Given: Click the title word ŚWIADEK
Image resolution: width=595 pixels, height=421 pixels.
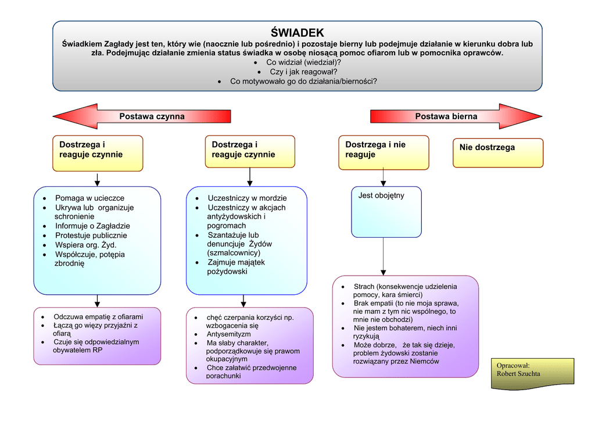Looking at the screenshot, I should (297, 33).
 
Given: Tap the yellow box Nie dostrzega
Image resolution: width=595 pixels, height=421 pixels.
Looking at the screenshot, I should (498, 152).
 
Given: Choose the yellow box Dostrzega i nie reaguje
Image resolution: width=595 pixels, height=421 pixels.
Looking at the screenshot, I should (383, 152).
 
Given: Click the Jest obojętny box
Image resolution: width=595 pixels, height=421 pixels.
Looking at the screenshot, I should (386, 211).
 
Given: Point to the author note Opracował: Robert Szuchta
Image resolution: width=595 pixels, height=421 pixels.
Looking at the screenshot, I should (532, 370).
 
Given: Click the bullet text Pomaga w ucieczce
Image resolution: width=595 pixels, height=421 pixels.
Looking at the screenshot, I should (89, 198).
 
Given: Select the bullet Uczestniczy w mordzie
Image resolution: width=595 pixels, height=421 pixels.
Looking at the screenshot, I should (247, 198).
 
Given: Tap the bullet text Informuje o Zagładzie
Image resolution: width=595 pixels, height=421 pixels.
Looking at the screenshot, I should (92, 226).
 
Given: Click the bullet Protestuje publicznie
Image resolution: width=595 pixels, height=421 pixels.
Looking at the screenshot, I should (91, 236).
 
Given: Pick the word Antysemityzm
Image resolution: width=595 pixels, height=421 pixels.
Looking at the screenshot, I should (228, 334).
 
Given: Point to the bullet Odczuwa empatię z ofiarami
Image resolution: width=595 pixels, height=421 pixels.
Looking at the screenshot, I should (98, 317).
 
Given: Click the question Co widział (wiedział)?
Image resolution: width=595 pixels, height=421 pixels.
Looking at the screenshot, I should (303, 62).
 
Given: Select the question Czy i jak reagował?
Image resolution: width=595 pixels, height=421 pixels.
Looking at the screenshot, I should (303, 72).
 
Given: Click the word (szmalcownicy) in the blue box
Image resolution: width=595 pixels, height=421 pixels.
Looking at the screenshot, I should (234, 253).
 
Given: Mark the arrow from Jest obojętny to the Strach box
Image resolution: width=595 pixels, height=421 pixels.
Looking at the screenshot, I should (383, 256).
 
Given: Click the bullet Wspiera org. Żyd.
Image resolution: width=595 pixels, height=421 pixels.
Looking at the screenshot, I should (85, 245).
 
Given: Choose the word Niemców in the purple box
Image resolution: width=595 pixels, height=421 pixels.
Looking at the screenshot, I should (424, 361).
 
